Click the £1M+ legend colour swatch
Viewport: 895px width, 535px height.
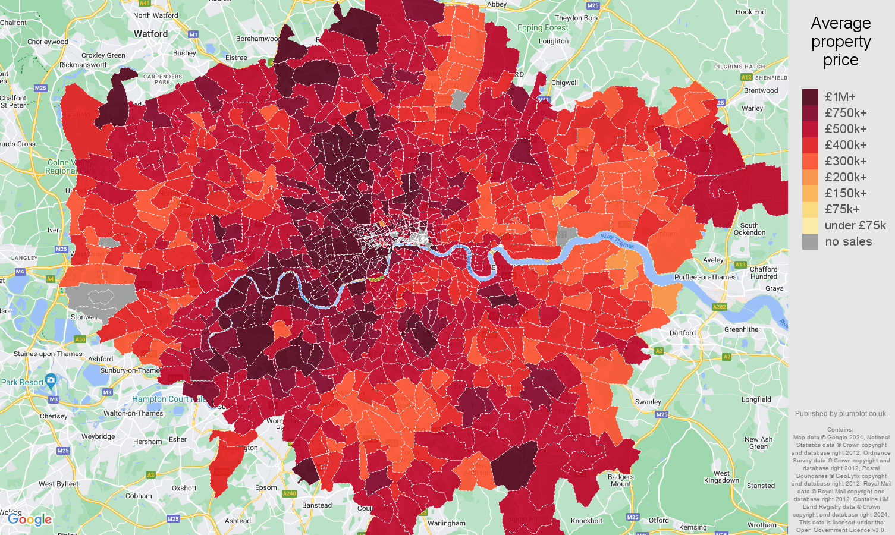click(x=810, y=97)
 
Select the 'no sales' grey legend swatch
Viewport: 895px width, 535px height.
click(x=810, y=241)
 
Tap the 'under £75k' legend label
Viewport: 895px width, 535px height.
click(x=855, y=225)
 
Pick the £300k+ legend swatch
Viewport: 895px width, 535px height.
click(x=810, y=161)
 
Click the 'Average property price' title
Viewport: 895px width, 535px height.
click(x=840, y=42)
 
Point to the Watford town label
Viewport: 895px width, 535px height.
click(x=150, y=34)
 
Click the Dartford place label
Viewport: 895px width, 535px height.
click(x=682, y=333)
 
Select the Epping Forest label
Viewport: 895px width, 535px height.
click(x=542, y=27)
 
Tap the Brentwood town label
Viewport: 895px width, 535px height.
click(x=761, y=90)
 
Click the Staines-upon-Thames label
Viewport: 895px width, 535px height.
click(x=48, y=354)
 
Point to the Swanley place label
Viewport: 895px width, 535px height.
click(x=648, y=402)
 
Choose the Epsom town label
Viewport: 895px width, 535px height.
click(x=266, y=487)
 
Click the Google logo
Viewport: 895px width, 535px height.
click(x=30, y=520)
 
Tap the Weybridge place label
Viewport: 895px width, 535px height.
click(x=98, y=436)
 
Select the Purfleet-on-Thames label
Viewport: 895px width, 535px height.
click(x=705, y=277)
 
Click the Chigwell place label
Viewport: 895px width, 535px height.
click(x=564, y=83)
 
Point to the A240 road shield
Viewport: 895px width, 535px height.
click(x=290, y=493)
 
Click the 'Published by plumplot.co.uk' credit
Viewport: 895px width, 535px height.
click(x=841, y=414)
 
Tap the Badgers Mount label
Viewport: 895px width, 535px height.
click(x=620, y=480)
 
